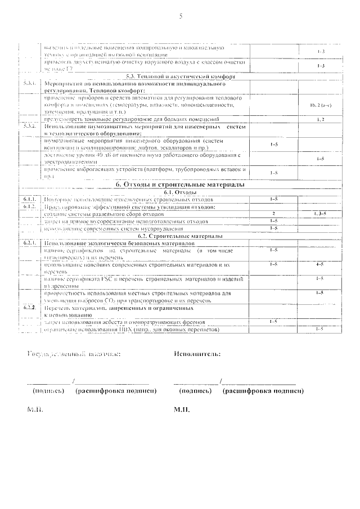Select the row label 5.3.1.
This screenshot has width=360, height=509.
30,83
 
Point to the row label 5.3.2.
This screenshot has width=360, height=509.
30,126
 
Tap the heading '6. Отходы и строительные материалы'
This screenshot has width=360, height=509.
180,184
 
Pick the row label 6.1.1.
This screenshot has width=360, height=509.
30,199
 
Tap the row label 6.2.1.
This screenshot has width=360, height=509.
30,242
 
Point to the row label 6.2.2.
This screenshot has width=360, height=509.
30,308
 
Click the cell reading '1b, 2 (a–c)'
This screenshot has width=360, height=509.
320,105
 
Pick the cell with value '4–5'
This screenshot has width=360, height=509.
320,264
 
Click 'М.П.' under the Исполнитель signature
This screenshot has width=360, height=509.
182,409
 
